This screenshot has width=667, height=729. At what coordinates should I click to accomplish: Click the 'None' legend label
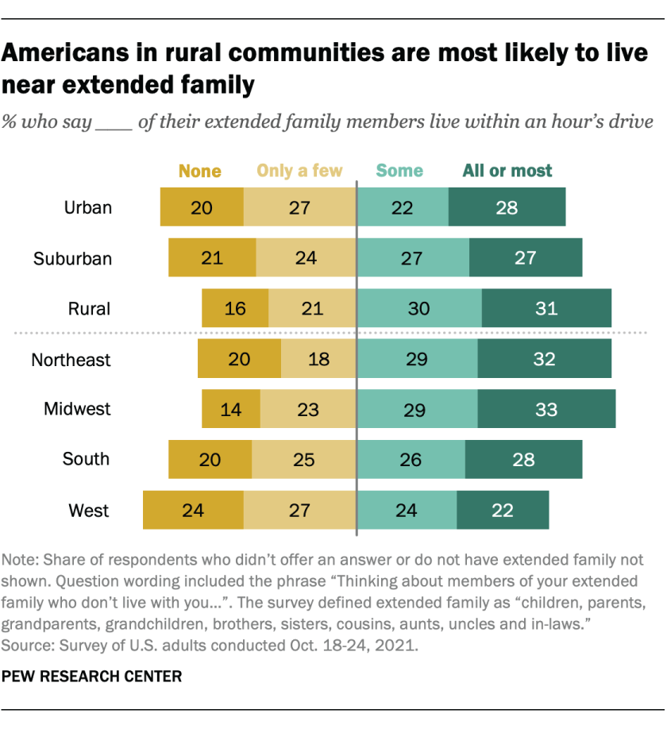tap(200, 171)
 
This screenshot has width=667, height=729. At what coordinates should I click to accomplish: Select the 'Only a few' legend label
tap(299, 171)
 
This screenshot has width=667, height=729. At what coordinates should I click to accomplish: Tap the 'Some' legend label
tap(399, 171)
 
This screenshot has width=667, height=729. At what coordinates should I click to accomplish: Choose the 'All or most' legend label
tap(508, 171)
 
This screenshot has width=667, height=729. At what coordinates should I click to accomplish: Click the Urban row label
tap(88, 208)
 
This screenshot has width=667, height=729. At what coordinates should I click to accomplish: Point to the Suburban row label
tap(72, 258)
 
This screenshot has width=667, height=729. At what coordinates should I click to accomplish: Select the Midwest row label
tap(77, 410)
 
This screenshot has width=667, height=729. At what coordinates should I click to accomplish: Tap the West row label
tap(90, 510)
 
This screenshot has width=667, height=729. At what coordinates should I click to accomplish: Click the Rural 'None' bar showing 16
tap(235, 308)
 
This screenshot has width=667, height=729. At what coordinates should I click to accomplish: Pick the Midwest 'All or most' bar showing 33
tap(546, 410)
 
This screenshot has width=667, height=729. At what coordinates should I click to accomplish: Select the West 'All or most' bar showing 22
tap(503, 510)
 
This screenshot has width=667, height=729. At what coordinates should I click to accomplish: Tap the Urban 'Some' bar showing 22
tap(403, 208)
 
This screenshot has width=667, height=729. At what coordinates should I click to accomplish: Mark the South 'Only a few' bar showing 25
tap(303, 460)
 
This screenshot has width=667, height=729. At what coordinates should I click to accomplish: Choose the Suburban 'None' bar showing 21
tap(212, 258)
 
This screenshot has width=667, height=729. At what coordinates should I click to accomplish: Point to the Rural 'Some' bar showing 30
tap(419, 308)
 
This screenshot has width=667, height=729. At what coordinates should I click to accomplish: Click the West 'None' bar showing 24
tap(193, 510)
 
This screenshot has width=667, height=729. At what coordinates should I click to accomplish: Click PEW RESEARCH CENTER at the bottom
tap(93, 677)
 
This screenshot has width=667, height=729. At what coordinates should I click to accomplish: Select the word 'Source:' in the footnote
tap(29, 645)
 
